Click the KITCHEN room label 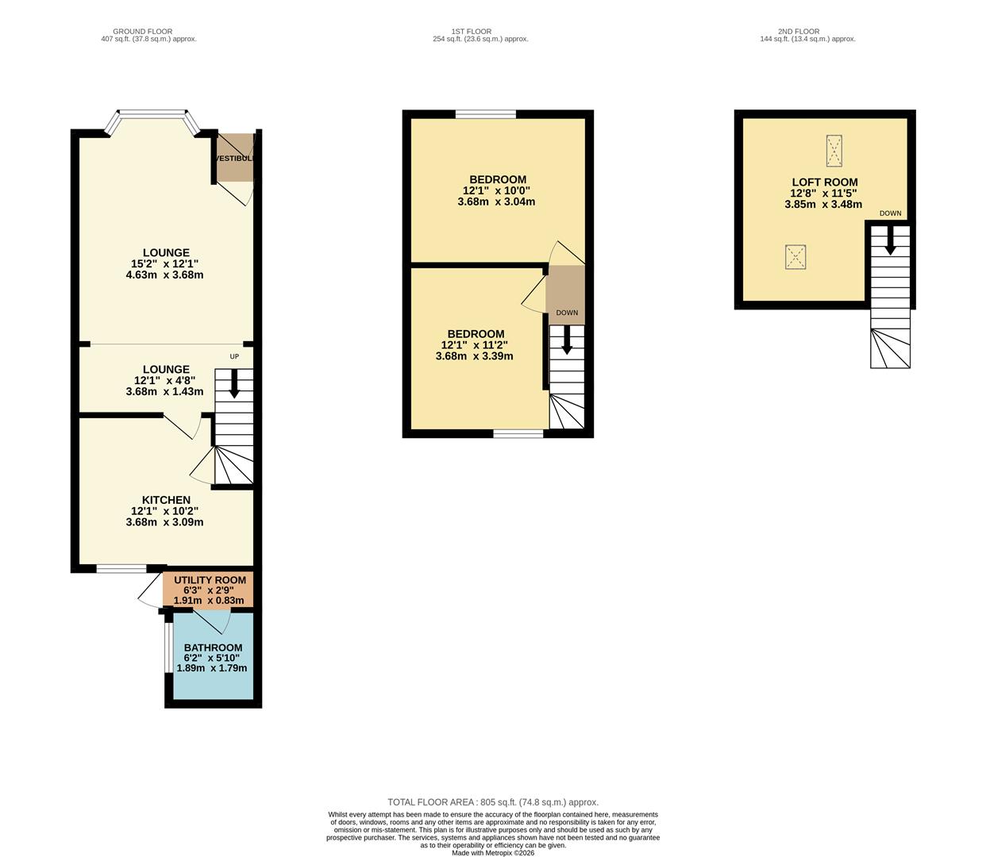(166, 500)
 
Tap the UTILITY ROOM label (210, 580)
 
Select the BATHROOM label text (213, 648)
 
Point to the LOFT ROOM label (824, 182)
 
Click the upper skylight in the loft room (834, 151)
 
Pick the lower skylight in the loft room (795, 257)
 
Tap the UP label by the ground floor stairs (234, 356)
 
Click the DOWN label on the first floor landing (567, 313)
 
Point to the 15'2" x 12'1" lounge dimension (165, 264)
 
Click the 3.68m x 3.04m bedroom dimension (496, 202)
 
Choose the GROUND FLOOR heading (142, 32)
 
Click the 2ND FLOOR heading (799, 32)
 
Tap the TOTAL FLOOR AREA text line (492, 802)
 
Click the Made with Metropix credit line (493, 853)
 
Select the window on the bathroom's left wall (168, 646)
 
